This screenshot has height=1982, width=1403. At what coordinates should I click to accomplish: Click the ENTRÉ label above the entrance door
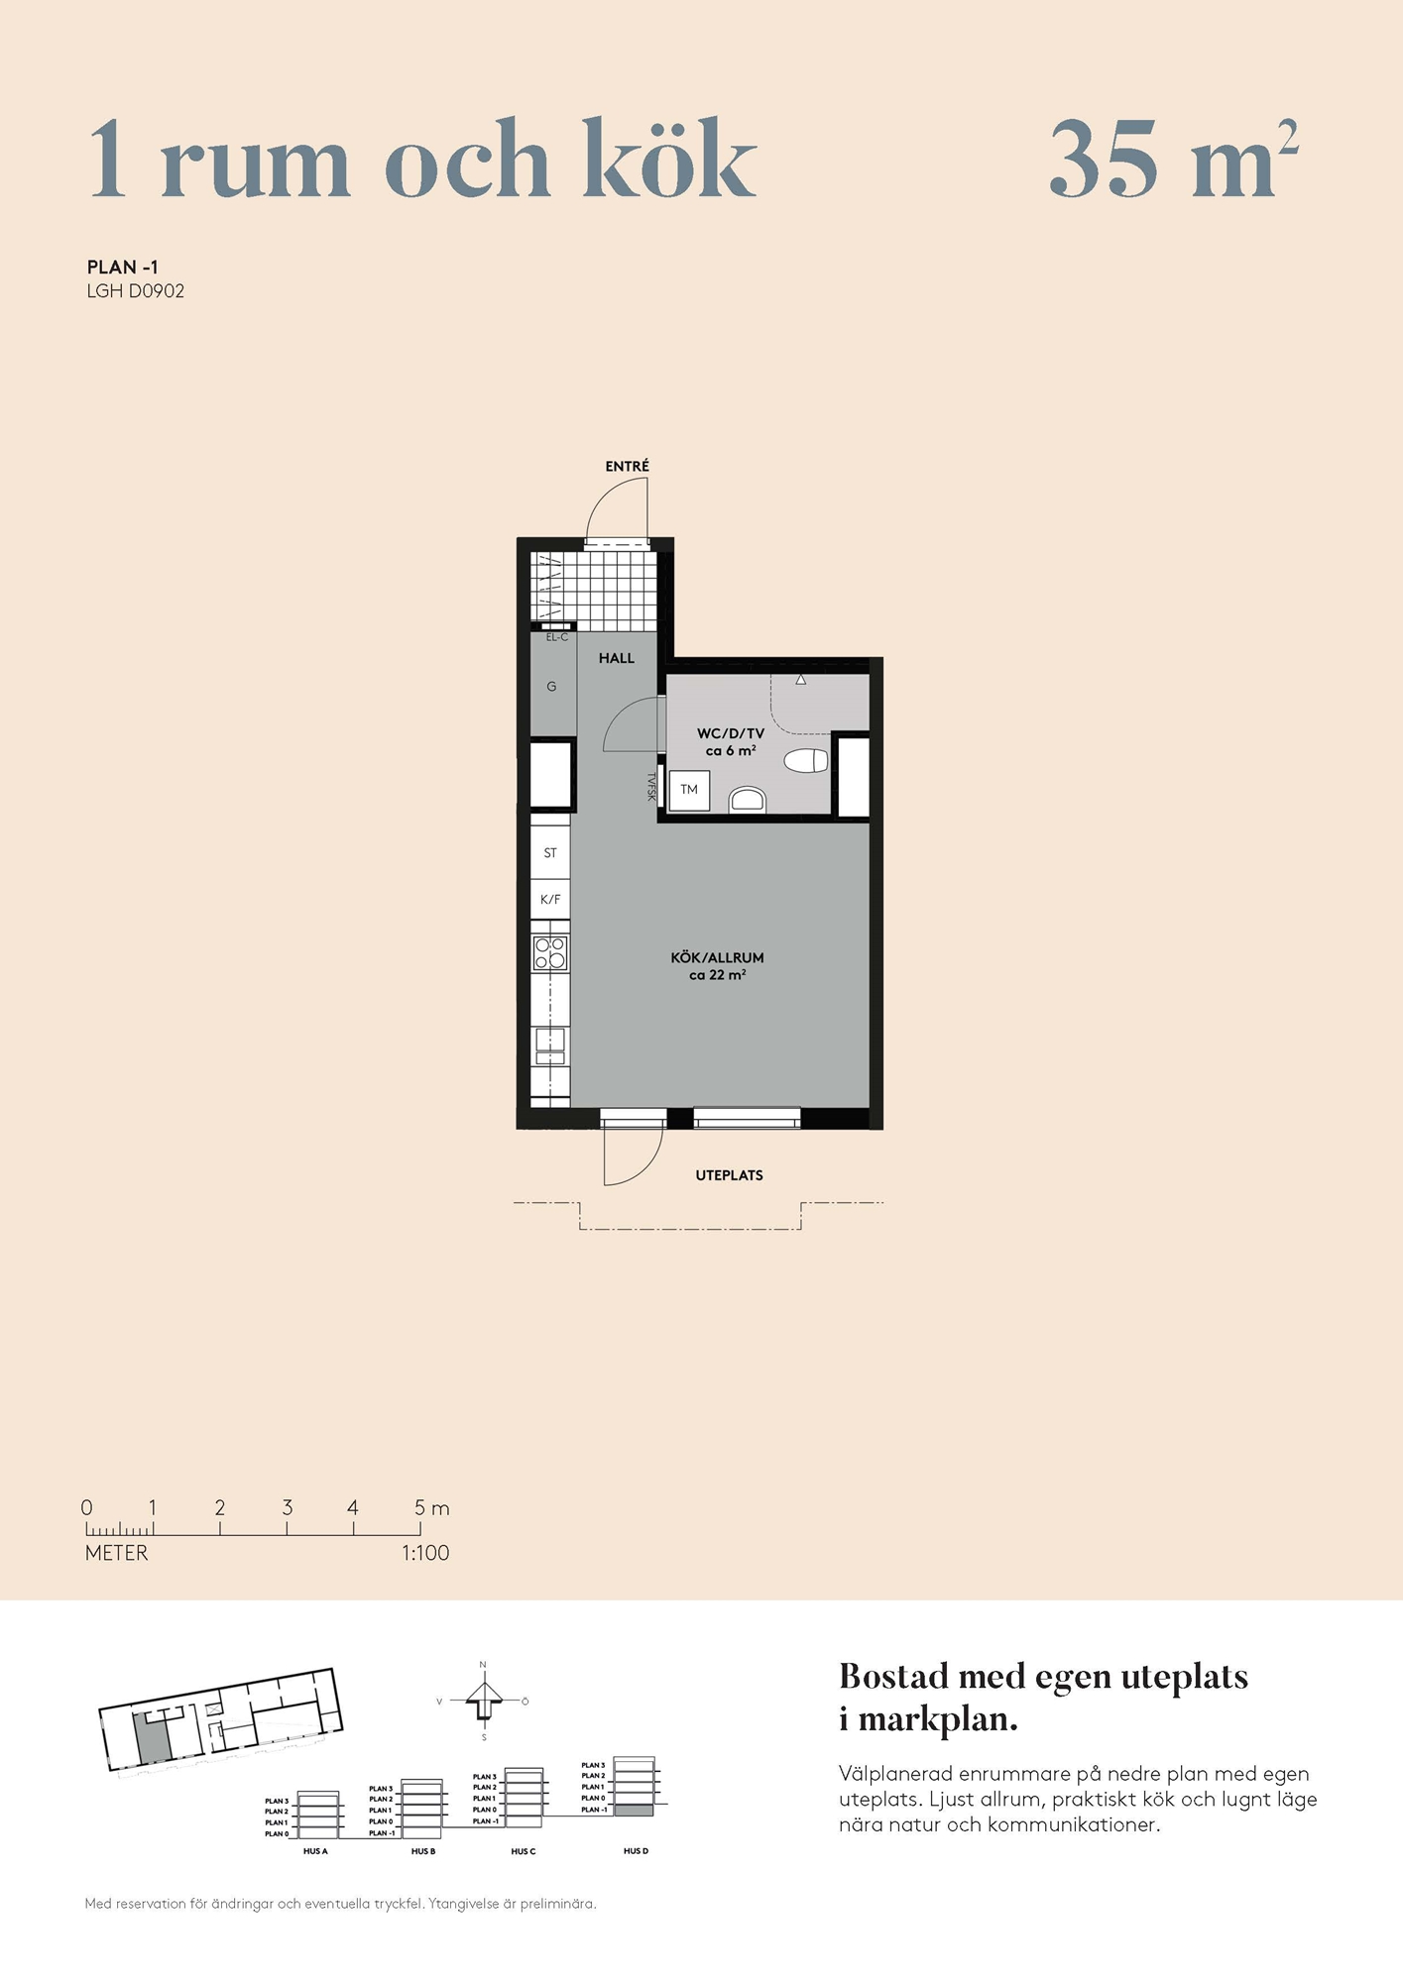tap(627, 466)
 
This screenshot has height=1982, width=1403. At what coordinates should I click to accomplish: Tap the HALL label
tap(616, 658)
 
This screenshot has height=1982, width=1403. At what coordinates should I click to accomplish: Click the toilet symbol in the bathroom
tap(806, 761)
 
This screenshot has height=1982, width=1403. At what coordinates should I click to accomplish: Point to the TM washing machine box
tap(689, 791)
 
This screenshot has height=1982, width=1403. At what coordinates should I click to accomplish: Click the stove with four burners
tap(550, 953)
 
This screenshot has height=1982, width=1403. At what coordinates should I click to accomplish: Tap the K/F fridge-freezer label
tap(550, 900)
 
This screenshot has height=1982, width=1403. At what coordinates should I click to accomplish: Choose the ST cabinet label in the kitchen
tap(550, 853)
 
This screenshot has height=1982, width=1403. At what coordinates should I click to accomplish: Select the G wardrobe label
tap(551, 687)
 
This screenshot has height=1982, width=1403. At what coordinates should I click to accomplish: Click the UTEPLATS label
tap(729, 1175)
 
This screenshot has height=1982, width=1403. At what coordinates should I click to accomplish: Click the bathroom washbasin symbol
tap(748, 801)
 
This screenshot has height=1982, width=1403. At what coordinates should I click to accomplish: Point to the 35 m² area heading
tap(1174, 159)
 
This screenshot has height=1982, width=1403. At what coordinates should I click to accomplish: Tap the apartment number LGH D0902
tap(136, 291)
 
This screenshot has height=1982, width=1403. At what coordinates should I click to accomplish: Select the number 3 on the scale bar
tap(288, 1507)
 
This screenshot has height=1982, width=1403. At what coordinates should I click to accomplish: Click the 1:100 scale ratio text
tap(425, 1553)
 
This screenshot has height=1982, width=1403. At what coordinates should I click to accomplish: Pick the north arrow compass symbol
tap(484, 1701)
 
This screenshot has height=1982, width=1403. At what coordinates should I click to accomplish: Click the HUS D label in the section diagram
tap(636, 1851)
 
